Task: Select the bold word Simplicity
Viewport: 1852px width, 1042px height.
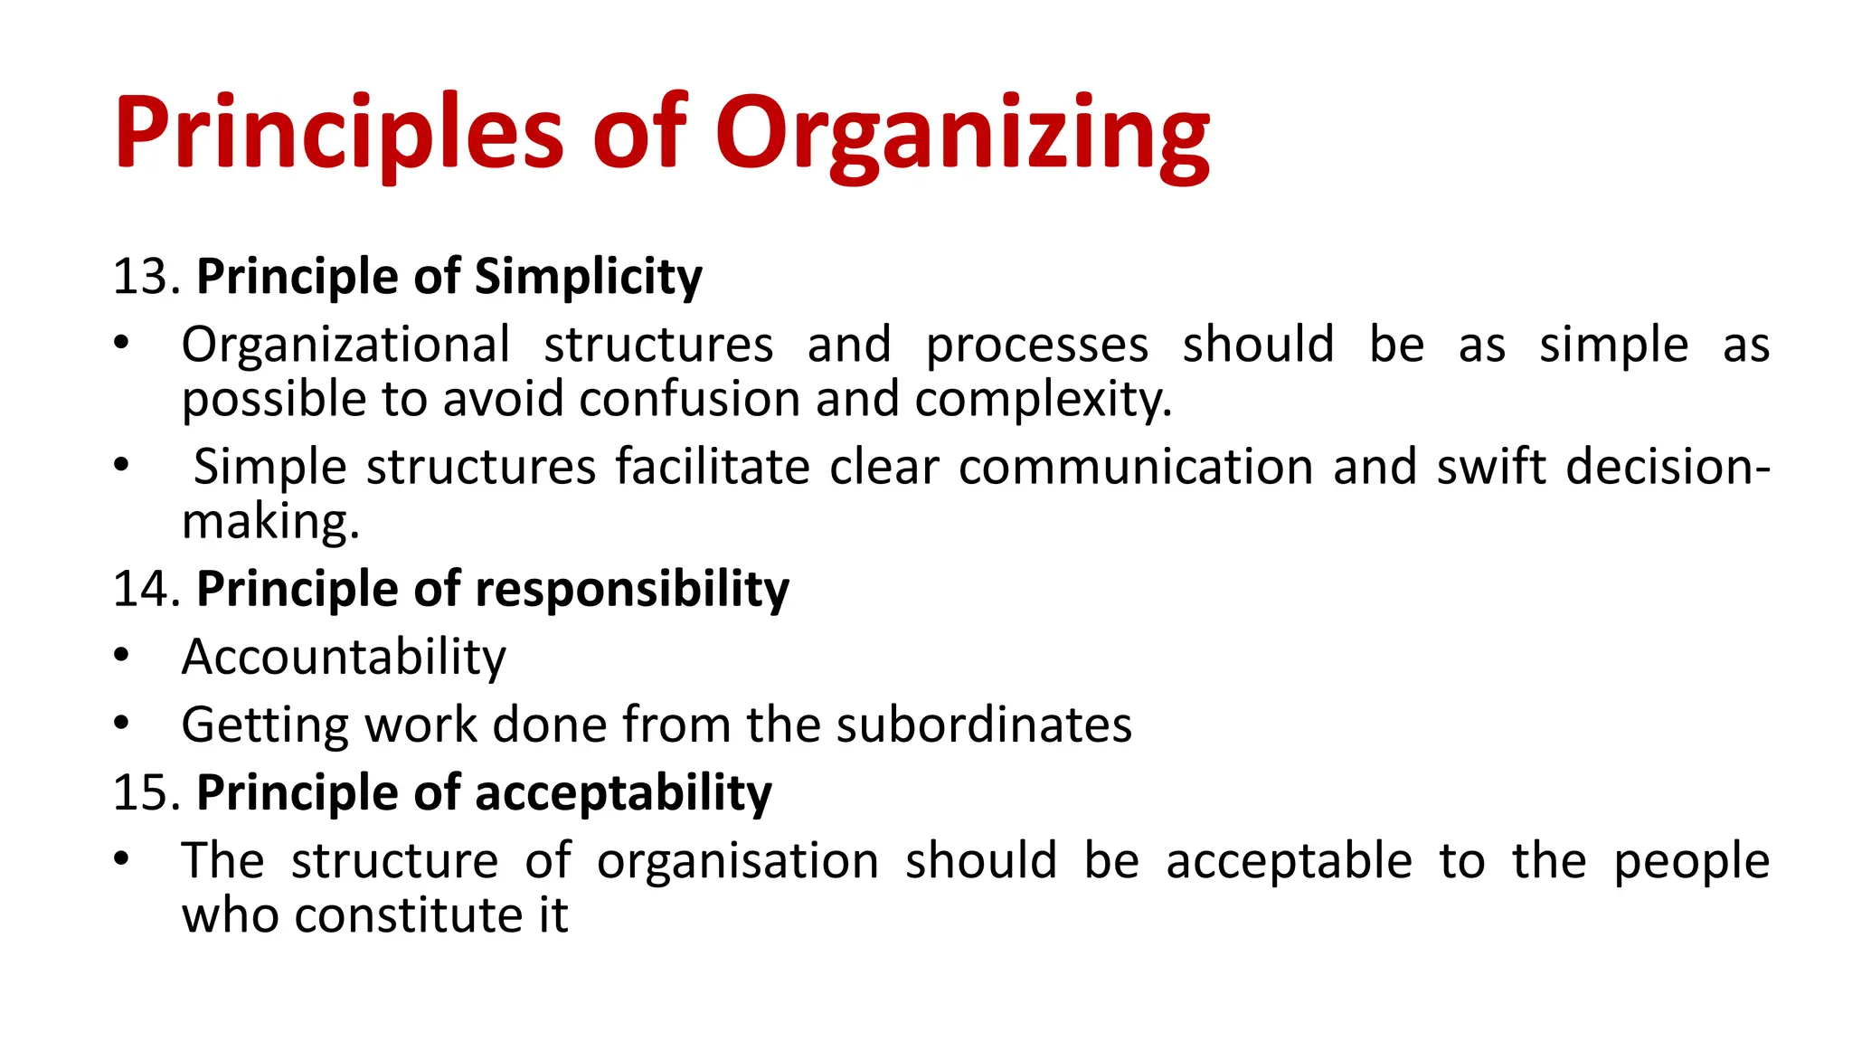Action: pos(588,277)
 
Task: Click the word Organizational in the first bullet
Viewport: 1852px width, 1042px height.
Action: pos(345,346)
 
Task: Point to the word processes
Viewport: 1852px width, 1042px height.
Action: pos(1036,346)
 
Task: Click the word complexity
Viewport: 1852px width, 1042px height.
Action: pos(1043,399)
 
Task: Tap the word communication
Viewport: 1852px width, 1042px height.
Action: pos(1136,468)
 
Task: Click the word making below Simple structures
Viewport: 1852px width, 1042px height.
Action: pos(270,522)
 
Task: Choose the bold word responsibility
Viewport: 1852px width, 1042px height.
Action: pos(631,590)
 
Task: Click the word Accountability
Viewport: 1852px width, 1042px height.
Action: pos(344,658)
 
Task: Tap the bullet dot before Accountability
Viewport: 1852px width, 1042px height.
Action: pos(122,654)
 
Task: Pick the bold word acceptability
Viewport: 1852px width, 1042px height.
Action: pos(623,793)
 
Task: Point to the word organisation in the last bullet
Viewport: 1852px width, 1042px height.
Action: pos(737,861)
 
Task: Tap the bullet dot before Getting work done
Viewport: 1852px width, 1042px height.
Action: pos(122,722)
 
